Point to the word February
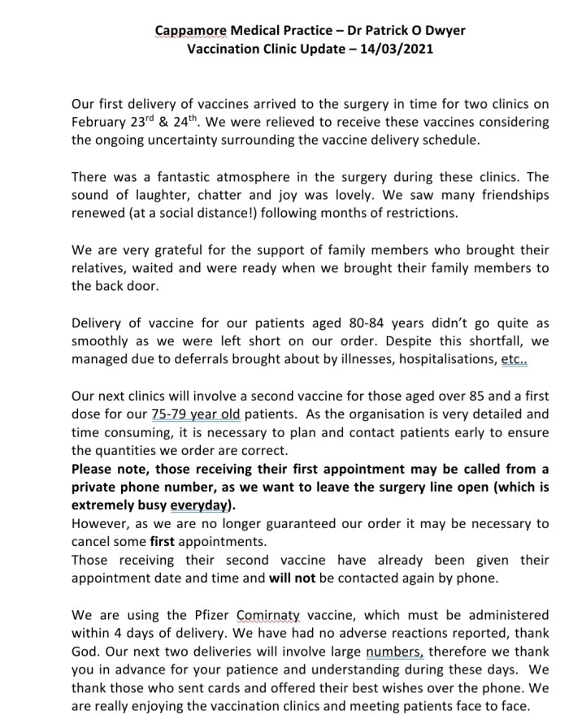pos(98,122)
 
